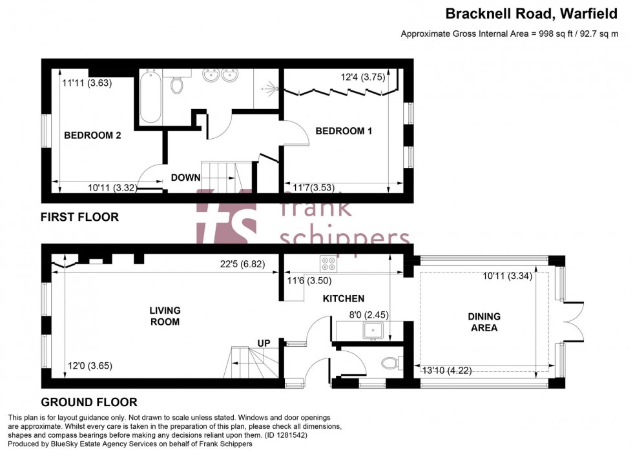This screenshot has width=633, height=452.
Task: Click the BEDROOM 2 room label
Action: coord(92,136)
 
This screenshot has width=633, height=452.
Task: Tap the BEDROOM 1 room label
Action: coord(344,131)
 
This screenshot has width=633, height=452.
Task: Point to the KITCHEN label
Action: coord(344,298)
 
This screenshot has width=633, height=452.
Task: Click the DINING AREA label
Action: coord(484,322)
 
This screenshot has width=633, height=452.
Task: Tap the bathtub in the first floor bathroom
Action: coord(150,98)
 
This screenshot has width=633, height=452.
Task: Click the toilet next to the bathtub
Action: coord(177,83)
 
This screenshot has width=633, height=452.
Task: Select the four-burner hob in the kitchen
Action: coord(327,263)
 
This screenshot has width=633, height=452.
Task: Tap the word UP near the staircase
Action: coord(264,342)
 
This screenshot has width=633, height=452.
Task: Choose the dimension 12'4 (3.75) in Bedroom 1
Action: coord(363,77)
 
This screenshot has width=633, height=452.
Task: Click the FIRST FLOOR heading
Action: coord(79,217)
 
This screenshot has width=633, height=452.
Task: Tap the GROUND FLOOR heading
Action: coord(88,402)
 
